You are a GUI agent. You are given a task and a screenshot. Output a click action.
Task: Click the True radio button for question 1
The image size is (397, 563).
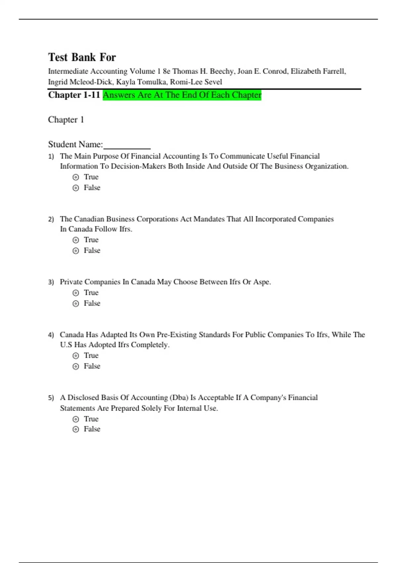[76, 177]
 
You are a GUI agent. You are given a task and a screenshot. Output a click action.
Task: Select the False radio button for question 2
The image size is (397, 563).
[76, 251]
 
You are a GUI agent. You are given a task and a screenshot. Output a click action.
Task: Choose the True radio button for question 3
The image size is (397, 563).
[76, 293]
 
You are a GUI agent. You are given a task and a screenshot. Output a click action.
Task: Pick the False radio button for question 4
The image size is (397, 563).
[76, 366]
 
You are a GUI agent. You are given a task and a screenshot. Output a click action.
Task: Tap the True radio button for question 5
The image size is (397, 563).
[76, 419]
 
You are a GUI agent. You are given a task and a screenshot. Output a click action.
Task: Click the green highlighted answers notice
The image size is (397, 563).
[182, 95]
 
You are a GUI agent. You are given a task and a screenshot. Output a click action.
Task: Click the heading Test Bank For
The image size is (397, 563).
[82, 57]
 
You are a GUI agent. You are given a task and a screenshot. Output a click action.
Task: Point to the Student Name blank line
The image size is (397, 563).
[127, 146]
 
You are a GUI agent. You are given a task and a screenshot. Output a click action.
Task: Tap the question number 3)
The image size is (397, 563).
[51, 282]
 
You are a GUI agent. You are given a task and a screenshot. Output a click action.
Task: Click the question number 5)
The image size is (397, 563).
[51, 398]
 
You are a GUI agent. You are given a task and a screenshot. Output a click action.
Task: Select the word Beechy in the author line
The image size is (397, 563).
[221, 71]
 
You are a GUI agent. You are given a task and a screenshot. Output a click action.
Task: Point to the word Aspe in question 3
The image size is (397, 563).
[261, 282]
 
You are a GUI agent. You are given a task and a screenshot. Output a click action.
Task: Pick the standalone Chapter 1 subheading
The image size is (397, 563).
[66, 120]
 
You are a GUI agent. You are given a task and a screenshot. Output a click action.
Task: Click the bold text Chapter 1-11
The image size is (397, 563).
[74, 95]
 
